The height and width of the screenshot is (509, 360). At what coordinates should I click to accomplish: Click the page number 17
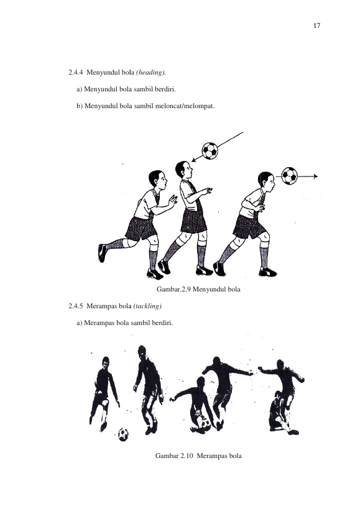tap(317, 25)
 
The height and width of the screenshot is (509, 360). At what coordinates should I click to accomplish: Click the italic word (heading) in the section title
tap(150, 72)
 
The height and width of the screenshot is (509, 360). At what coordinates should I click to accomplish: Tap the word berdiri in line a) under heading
tap(165, 89)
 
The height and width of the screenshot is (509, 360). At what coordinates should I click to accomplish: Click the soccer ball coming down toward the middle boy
tap(210, 150)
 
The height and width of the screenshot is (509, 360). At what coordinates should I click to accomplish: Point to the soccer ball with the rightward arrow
tap(290, 176)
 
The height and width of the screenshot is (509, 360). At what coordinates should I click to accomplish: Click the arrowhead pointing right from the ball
tap(315, 177)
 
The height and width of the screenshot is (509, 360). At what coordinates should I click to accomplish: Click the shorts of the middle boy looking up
tap(194, 220)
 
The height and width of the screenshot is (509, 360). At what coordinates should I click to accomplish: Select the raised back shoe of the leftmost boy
tap(102, 253)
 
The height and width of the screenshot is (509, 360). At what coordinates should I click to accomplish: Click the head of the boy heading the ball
tap(267, 181)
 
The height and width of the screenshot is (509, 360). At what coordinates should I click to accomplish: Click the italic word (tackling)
tap(147, 306)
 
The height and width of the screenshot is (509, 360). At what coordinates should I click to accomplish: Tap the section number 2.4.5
tap(76, 306)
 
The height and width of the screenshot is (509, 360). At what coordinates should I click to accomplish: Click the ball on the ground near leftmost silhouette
tap(123, 434)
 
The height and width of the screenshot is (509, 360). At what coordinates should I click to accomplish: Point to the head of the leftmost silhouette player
tap(106, 362)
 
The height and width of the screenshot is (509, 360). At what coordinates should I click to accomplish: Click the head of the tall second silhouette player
tap(142, 351)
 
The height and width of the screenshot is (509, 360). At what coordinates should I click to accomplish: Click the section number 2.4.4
tap(76, 72)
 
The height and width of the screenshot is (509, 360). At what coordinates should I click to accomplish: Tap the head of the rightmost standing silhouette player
tap(280, 364)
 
